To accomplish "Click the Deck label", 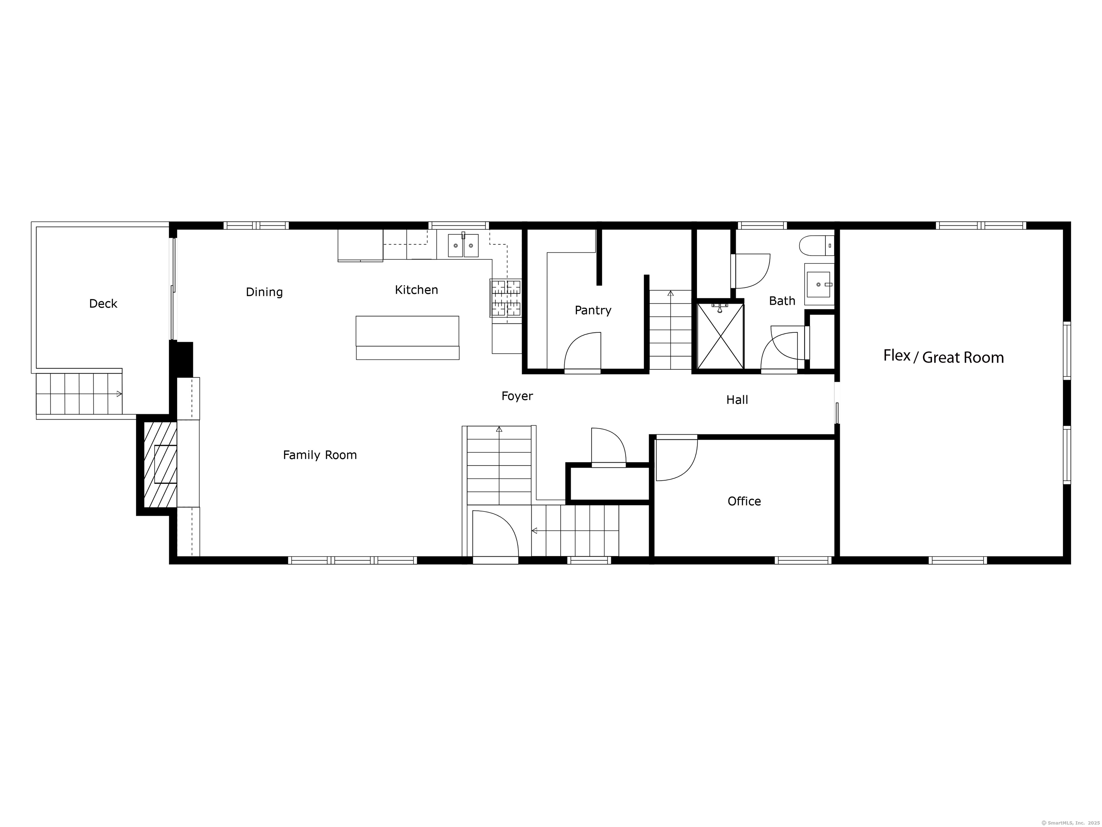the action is [103, 304].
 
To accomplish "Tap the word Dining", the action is [264, 292].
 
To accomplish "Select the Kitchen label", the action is [416, 290].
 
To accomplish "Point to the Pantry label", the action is [593, 310].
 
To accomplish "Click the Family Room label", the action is [320, 455].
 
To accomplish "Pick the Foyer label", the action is [517, 396].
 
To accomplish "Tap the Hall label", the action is [737, 400].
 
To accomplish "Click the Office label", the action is [744, 501].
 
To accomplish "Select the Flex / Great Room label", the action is [943, 356].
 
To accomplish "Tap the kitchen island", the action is [408, 337].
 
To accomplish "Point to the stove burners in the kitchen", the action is [506, 298].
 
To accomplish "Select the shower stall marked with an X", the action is [720, 336].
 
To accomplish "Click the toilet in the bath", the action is [816, 245].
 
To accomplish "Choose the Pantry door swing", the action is [582, 351].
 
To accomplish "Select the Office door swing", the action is [677, 459].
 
